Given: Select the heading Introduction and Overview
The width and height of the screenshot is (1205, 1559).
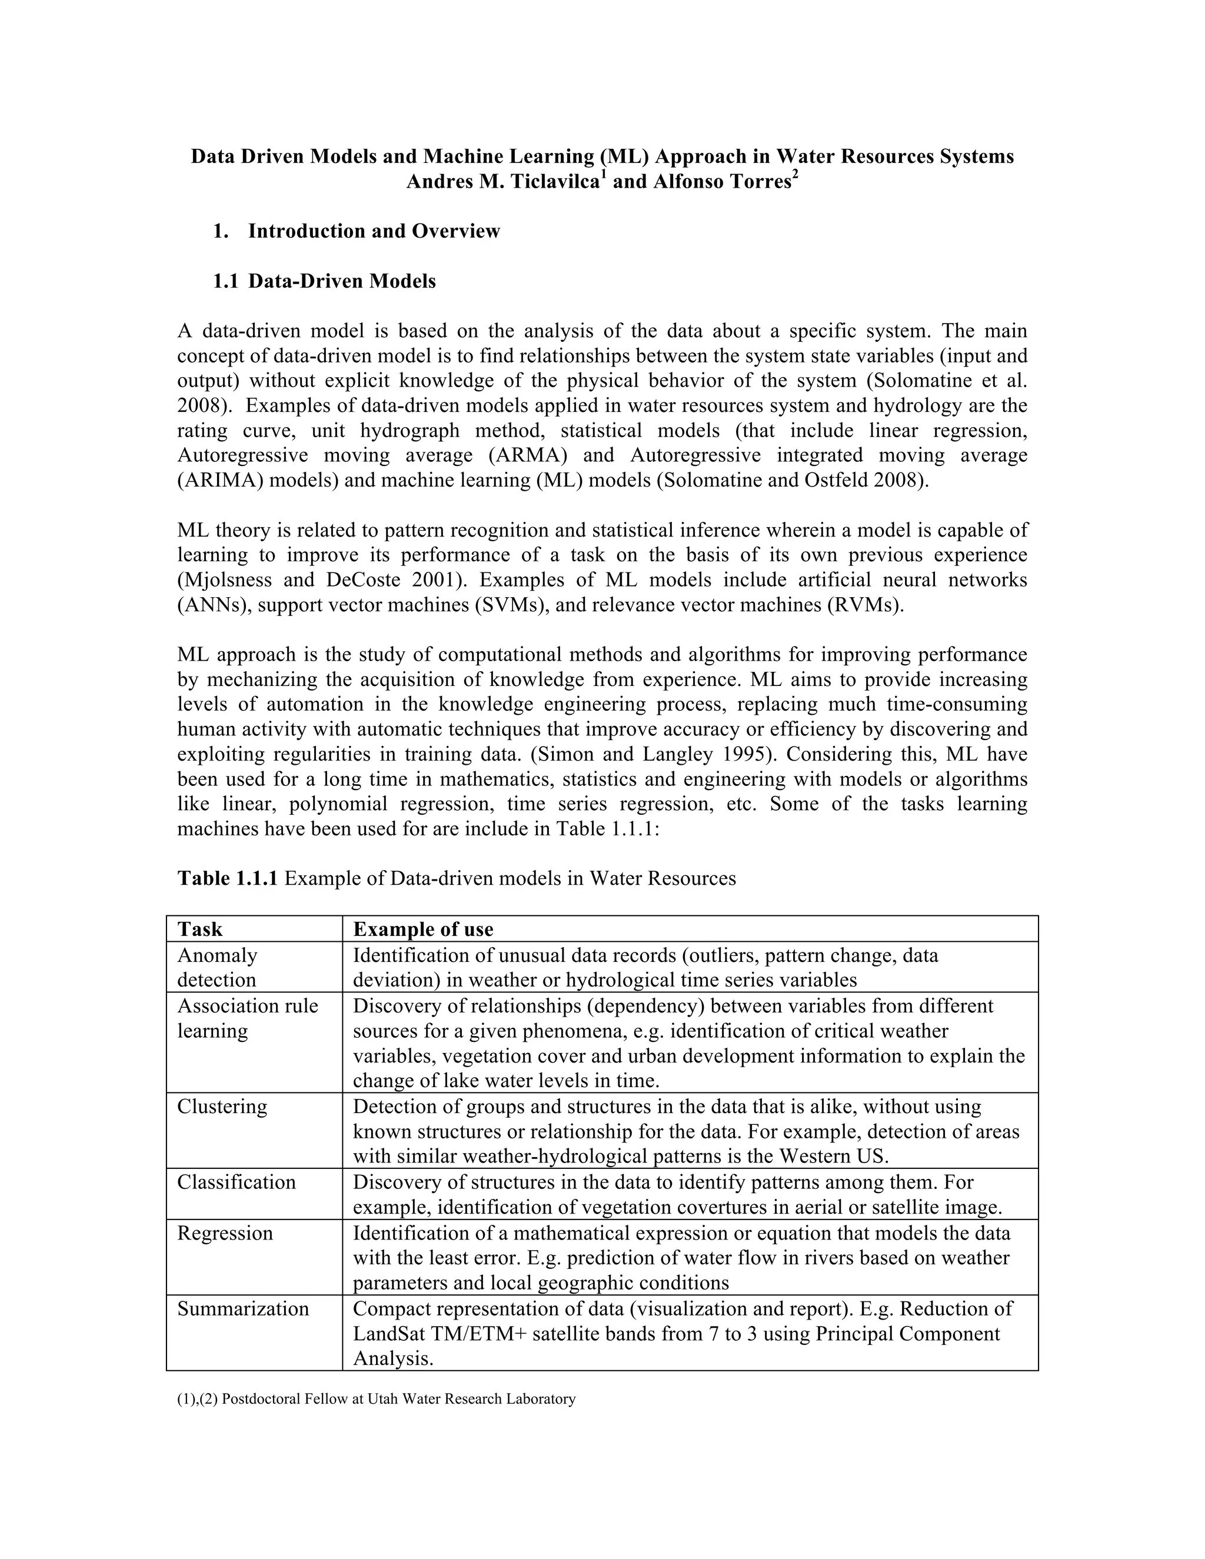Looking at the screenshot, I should click(x=374, y=231).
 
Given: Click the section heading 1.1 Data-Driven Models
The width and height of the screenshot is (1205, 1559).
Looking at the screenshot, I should click(x=324, y=281).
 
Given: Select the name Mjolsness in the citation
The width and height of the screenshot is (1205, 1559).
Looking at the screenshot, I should click(x=227, y=579).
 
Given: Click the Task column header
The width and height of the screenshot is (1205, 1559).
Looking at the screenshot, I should click(x=200, y=929).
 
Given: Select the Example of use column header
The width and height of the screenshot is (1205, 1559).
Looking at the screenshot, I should click(x=423, y=929).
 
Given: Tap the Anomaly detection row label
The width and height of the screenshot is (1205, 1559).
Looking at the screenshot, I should click(x=217, y=967).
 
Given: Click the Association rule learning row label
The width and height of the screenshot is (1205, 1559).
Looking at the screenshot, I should click(x=247, y=1018).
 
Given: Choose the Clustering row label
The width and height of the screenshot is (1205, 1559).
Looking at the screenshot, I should click(x=222, y=1107).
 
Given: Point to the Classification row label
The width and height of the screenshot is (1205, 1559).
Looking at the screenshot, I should click(x=237, y=1182).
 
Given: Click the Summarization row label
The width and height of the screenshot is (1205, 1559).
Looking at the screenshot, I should click(x=243, y=1308).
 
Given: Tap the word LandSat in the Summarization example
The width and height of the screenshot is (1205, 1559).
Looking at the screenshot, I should click(x=384, y=1334).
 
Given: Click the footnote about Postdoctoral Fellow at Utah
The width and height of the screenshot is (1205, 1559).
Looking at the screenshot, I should click(x=376, y=1398).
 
